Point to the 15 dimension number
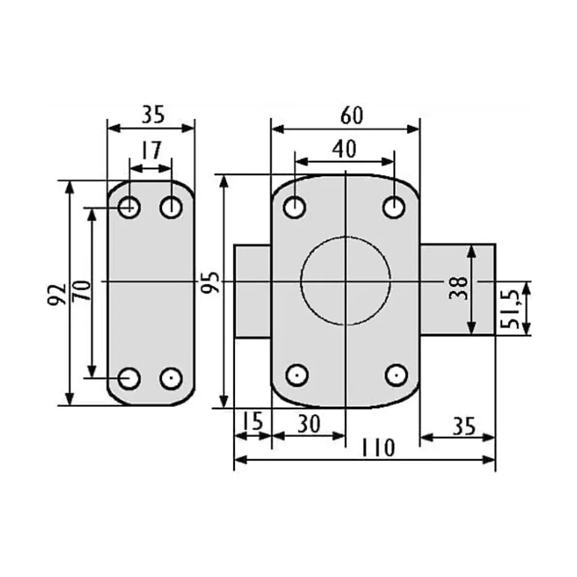pyautogui.click(x=252, y=422)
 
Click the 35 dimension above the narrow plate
pyautogui.click(x=151, y=115)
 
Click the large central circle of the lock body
pyautogui.click(x=346, y=280)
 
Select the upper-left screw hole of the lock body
pyautogui.click(x=295, y=207)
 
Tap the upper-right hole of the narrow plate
pyautogui.click(x=171, y=208)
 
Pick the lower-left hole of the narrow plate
pyautogui.click(x=129, y=378)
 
